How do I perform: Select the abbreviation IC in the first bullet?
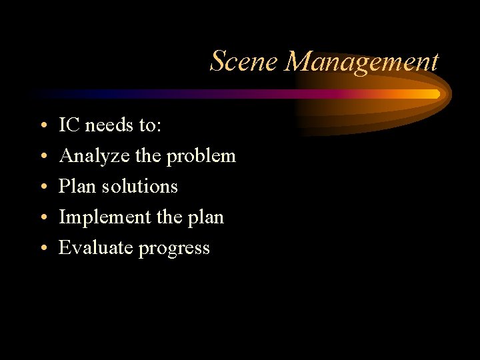(x=67, y=125)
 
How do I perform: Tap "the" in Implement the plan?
(x=170, y=217)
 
